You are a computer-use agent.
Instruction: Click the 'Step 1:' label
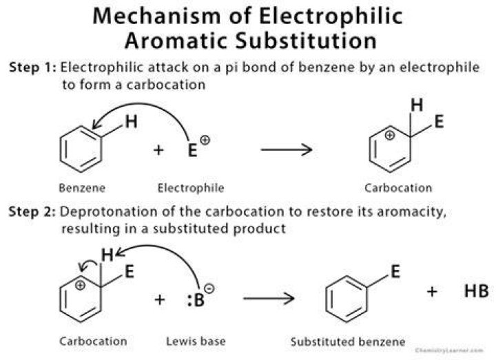coord(32,67)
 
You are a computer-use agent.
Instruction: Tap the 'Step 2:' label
coord(32,211)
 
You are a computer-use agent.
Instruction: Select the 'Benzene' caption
coord(82,188)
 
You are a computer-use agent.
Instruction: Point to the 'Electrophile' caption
coord(191,188)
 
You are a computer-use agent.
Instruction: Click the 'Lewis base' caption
coord(196,341)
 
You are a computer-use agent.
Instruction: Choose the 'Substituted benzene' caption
coord(348,341)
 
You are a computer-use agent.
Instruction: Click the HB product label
coord(477,290)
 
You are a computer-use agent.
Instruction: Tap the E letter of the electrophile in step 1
coord(192,150)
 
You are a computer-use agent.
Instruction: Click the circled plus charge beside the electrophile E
coord(205,140)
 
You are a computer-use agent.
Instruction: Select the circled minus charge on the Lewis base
coord(209,288)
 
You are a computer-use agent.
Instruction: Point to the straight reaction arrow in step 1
coord(287,149)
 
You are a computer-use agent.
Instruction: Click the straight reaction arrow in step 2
coord(269,298)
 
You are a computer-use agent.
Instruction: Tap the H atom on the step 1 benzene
coord(132,122)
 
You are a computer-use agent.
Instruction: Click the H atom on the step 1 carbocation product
coord(417,105)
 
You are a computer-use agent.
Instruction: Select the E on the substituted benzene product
coord(395,271)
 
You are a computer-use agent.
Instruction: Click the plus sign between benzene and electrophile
coord(158,150)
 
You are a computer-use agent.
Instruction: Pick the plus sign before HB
coord(432,291)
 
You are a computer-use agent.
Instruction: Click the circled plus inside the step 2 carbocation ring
coord(81,286)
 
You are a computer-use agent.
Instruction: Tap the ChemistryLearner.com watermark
coord(449,350)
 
